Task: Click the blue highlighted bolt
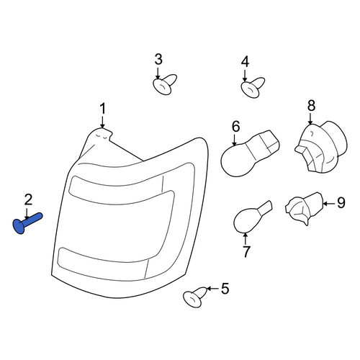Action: [27, 223]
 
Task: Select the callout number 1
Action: [103, 109]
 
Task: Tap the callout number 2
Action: [28, 199]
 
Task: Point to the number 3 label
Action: [158, 59]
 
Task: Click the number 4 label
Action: [246, 62]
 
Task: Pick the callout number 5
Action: [225, 289]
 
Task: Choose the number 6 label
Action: [235, 127]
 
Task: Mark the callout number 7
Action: [246, 251]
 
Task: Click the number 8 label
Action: [311, 106]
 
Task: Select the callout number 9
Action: [341, 203]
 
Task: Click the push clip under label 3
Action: [165, 84]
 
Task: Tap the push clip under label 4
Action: [253, 87]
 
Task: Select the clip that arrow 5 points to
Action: [194, 297]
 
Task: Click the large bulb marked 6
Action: [250, 153]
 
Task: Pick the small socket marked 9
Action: [305, 207]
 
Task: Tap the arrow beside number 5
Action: [212, 289]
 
